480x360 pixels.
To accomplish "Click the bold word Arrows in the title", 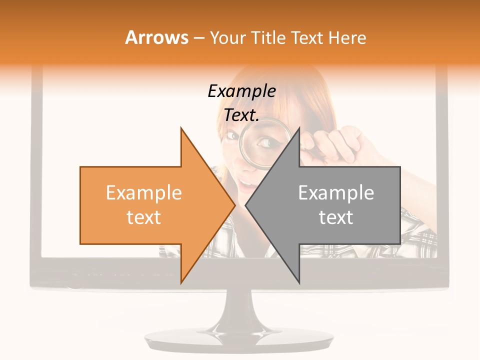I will point(157,37).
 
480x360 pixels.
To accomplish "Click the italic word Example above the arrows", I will point(241,91).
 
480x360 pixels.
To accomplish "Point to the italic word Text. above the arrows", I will point(241,115).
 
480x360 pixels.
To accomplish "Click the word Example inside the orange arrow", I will point(144,193).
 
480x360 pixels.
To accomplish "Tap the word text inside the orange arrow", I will point(144,217).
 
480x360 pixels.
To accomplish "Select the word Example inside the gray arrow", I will point(336,193).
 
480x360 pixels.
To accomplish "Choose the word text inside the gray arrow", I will point(336,217).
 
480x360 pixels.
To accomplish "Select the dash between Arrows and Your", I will point(198,37).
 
